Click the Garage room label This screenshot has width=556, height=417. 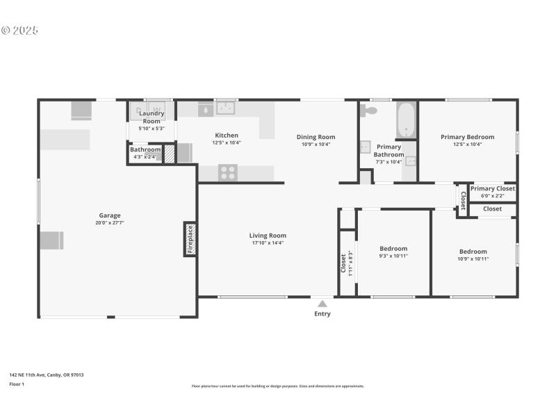[109, 215]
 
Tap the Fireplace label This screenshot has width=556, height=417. [189, 239]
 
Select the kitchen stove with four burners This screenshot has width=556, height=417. [228, 172]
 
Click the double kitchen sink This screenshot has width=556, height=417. [225, 108]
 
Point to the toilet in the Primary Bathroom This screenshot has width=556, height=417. [368, 110]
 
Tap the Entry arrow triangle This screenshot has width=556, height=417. [322, 303]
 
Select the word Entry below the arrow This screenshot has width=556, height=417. [322, 314]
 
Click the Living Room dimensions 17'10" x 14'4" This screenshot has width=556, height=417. [268, 243]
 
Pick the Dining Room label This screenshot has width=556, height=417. [316, 138]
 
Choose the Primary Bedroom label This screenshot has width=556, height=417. [467, 138]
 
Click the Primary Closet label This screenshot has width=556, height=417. [492, 188]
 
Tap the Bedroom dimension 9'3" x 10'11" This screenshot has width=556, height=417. [393, 256]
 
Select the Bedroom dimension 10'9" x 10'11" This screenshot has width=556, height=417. [473, 259]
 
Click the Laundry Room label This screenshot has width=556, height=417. [151, 117]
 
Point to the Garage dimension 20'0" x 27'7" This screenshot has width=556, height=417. [109, 223]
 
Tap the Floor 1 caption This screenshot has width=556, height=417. [17, 384]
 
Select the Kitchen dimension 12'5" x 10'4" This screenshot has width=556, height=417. [226, 142]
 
